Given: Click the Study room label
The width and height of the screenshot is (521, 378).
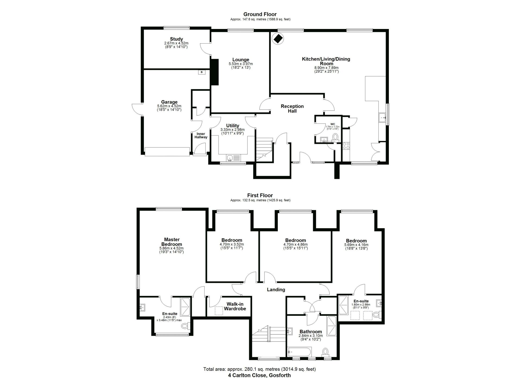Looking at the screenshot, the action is [176, 39].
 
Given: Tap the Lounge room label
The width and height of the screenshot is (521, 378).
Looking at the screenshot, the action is [241, 60].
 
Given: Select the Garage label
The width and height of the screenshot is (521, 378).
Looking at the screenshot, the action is [169, 102].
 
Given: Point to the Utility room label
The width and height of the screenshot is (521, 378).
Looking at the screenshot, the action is [233, 126].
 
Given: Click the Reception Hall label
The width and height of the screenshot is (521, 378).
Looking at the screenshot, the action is [292, 109].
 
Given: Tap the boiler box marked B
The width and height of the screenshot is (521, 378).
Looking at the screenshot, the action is [202, 72].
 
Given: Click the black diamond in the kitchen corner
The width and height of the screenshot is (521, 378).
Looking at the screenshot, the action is [278, 39].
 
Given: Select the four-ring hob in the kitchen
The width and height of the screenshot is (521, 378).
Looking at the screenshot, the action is [346, 146].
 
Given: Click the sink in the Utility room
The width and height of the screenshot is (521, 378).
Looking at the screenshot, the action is [230, 158].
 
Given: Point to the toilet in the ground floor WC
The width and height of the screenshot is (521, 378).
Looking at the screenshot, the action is [335, 137].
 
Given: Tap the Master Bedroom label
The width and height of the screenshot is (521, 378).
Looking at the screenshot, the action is [172, 242].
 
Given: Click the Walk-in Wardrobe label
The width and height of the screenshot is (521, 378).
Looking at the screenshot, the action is [235, 306].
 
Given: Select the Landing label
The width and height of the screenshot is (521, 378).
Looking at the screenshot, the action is [276, 289].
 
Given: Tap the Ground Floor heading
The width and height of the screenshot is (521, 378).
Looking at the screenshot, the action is [260, 14].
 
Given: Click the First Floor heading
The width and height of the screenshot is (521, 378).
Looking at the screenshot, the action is [260, 195].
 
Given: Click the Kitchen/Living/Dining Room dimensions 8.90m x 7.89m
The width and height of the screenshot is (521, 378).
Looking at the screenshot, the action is [326, 68].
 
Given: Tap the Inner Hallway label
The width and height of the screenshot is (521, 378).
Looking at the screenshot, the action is [201, 135].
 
